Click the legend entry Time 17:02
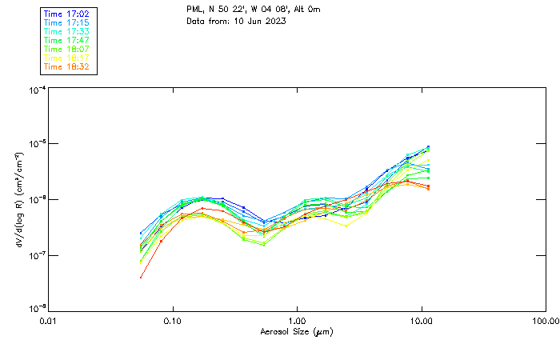click(x=66, y=14)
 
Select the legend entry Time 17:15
click(x=66, y=22)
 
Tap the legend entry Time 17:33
click(x=66, y=31)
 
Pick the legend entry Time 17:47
click(x=66, y=40)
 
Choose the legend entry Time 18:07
click(x=66, y=49)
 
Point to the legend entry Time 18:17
click(x=66, y=58)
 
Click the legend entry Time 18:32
click(x=66, y=66)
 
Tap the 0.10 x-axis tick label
click(x=172, y=321)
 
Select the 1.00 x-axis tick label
click(x=297, y=321)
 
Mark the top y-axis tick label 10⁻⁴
click(x=36, y=90)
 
